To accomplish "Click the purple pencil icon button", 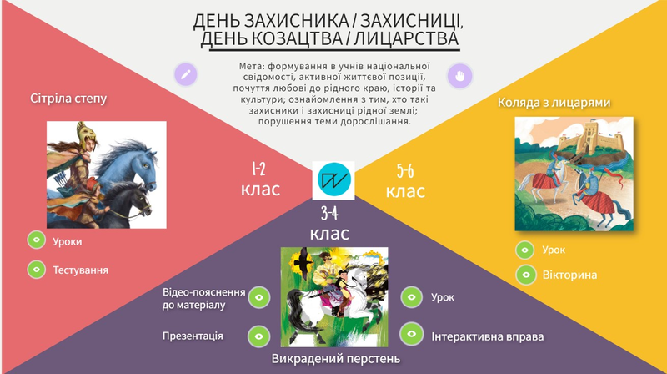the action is click(x=185, y=74).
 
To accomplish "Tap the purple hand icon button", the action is click(x=459, y=76).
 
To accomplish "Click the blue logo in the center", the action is click(x=333, y=180).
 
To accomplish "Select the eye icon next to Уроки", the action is click(x=37, y=240).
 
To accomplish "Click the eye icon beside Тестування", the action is click(x=37, y=270).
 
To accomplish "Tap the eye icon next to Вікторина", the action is click(x=526, y=275).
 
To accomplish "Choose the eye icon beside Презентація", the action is click(x=258, y=336).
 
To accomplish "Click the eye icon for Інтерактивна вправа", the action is click(x=411, y=334).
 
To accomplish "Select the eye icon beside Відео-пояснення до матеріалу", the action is click(x=259, y=297).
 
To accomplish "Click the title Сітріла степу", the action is click(x=68, y=99).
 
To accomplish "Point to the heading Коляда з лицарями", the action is click(x=554, y=103).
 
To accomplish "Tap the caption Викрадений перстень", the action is click(x=336, y=359).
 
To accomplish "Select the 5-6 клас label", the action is click(x=405, y=181).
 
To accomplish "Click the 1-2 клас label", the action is click(x=260, y=179).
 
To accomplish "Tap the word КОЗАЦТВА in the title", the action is click(x=297, y=38).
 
